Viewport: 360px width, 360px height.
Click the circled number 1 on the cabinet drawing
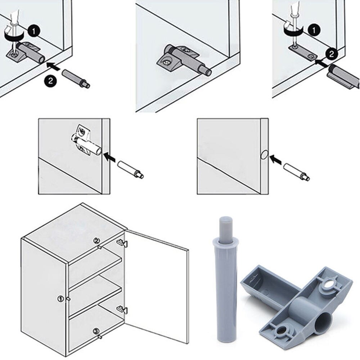click(60, 298)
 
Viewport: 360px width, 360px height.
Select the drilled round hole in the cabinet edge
click(263, 155)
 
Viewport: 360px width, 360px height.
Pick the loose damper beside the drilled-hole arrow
click(296, 171)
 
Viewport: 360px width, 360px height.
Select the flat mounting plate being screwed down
click(302, 51)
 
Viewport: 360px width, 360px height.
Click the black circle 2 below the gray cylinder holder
click(50, 81)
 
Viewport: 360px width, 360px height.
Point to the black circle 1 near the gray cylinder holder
click(34, 32)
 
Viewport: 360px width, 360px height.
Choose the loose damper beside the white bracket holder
click(130, 170)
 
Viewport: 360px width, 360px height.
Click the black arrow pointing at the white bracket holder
click(110, 156)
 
